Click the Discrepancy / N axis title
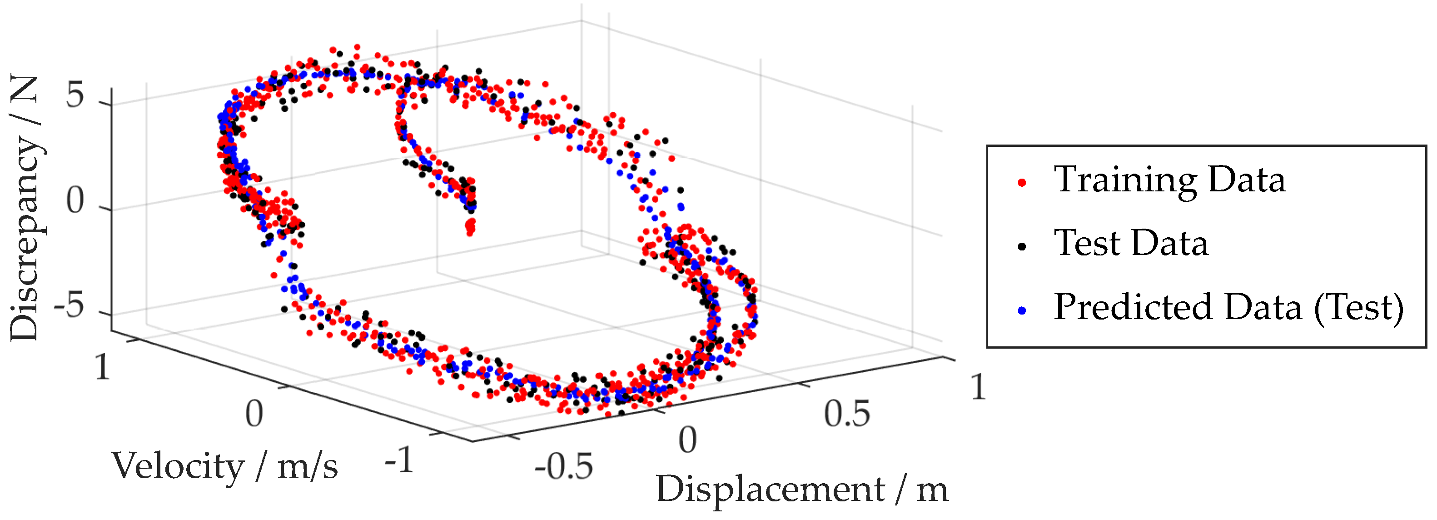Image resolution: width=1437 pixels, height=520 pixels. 25,208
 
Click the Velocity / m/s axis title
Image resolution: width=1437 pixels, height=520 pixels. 225,466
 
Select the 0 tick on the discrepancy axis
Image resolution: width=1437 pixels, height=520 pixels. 75,201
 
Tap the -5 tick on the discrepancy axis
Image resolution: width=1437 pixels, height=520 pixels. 69,306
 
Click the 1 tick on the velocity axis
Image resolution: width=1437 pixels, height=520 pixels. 102,368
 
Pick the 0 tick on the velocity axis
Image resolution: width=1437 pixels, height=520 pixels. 254,414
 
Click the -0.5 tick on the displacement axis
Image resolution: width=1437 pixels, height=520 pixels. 563,466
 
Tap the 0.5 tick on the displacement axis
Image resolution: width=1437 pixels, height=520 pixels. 847,415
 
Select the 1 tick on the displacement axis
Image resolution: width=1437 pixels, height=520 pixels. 978,387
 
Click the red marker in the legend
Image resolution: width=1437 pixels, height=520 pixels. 1022,182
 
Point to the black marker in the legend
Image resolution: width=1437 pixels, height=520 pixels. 1022,246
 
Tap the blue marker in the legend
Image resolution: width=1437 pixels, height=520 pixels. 1022,310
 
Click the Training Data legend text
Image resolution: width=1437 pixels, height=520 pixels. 1169,180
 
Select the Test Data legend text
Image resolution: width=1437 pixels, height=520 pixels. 1131,244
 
